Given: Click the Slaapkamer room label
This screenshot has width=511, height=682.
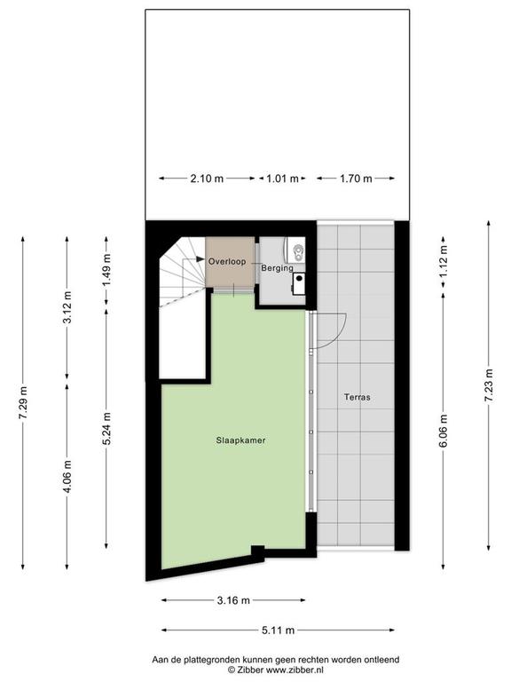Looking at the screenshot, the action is pos(240,440).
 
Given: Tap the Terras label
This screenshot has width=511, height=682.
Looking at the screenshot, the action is pos(358,397).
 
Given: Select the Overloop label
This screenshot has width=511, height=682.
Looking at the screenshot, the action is pos(227,261).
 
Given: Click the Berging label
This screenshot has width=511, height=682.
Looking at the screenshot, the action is pos(277,268).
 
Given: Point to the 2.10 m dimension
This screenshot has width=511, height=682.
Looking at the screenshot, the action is pos(207,178).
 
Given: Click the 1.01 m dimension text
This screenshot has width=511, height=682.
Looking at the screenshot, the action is pos(282,178).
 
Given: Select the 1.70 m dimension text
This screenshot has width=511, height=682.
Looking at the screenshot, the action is pos(356,178).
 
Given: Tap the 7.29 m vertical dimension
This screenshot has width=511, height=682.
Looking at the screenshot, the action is pos(23,403).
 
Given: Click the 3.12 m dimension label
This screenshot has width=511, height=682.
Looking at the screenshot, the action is pos(67,307).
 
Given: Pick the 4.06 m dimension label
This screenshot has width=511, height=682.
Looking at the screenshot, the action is pos(67,477).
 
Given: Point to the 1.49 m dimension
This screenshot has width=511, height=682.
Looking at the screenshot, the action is pos(106,270).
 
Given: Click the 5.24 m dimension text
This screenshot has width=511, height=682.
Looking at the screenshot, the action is pos(106,428).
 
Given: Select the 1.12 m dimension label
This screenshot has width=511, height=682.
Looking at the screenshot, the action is pos(444,262).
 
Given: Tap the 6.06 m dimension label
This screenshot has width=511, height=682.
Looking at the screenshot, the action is pos(444,432).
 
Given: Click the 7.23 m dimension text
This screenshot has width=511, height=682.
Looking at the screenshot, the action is pos(490,385).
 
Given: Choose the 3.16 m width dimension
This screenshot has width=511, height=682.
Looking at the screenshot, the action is pos(233,600).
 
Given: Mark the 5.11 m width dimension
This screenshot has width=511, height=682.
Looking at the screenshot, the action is pos(278,630).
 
